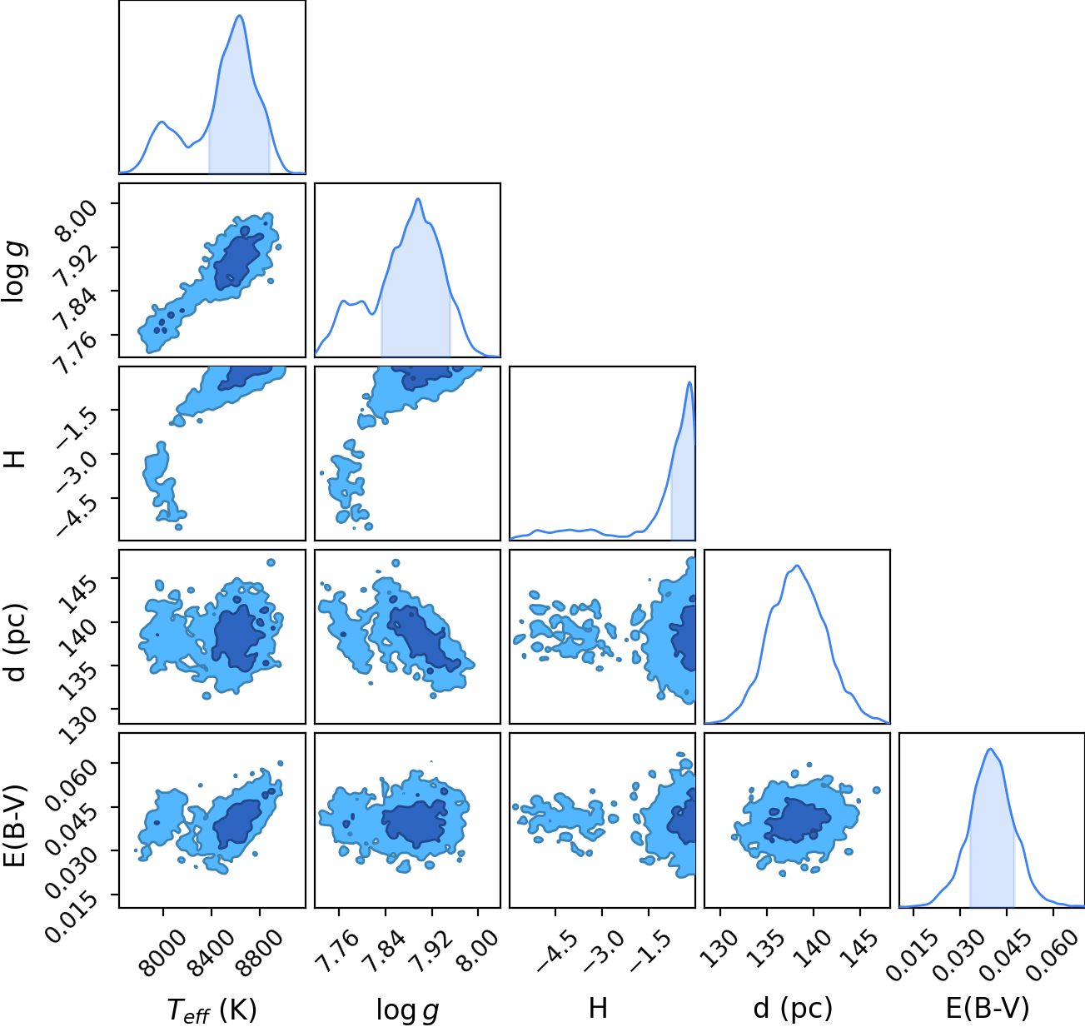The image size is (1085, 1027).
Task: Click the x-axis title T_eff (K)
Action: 212,1010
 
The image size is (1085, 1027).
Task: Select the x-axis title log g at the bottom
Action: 407,1010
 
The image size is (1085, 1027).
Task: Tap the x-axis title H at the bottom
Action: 598,1008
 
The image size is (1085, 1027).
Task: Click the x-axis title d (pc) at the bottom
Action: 793,1010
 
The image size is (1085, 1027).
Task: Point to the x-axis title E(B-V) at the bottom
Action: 988,1009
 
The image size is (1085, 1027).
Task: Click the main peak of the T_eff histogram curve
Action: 240,16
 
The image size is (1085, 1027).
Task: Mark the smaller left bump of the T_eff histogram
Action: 162,122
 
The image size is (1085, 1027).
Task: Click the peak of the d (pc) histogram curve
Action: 797,566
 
